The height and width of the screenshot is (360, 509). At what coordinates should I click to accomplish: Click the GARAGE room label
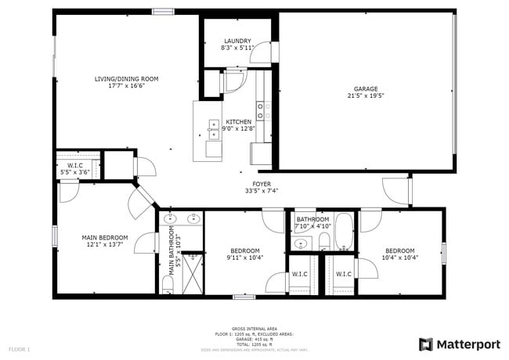pos(366,88)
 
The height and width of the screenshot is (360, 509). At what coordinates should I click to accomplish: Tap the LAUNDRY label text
pos(237,41)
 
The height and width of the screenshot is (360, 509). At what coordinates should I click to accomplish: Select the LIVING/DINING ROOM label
pos(127,78)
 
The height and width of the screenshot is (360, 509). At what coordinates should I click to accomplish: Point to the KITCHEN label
pos(239,122)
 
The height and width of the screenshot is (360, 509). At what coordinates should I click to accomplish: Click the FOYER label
pos(261,184)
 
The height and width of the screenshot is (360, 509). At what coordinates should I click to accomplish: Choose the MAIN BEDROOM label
pos(106,237)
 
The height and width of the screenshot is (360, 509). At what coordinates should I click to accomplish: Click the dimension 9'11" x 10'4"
pos(245,257)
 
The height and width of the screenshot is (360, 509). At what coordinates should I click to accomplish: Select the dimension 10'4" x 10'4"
pos(399,257)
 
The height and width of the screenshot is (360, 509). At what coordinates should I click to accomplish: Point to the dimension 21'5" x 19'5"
pos(366,96)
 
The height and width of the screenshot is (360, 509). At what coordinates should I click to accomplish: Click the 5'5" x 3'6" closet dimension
pos(75,172)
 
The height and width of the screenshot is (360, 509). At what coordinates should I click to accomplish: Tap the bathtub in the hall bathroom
pos(345,232)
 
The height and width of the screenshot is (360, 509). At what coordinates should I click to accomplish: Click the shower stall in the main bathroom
pos(193,272)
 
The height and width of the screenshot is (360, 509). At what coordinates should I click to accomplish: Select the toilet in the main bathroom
pos(168,281)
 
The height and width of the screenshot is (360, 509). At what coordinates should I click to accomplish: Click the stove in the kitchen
pos(263,110)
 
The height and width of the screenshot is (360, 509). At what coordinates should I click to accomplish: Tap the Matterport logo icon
pos(426,344)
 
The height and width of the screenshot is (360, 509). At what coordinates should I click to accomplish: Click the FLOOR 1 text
pos(20,349)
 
